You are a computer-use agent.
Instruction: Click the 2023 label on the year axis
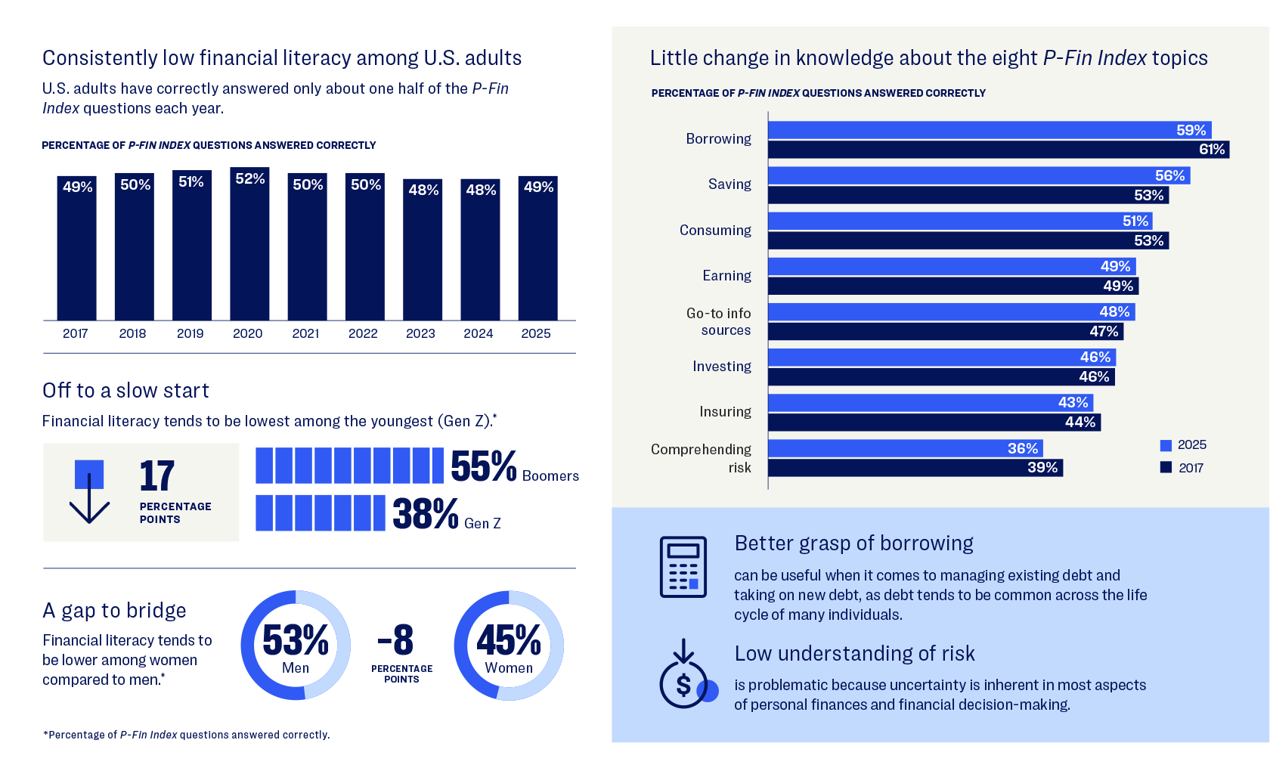point(420,333)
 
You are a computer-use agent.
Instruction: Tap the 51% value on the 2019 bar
point(191,181)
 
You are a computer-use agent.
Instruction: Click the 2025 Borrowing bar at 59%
point(983,130)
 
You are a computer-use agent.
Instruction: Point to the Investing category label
point(721,367)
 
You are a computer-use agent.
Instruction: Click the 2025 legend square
point(1166,445)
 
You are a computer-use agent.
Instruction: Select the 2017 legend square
point(1166,468)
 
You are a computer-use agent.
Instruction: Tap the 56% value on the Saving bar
point(1169,175)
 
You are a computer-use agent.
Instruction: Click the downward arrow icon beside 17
point(89,491)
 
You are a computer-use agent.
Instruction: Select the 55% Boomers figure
point(484,466)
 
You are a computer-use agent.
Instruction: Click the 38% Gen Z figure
point(426,514)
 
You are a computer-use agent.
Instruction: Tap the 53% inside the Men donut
point(296,640)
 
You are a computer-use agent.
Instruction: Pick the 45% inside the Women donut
point(509,640)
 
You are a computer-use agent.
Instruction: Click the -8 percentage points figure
point(396,640)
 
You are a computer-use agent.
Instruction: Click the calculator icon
point(683,567)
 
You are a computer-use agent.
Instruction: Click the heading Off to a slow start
point(125,391)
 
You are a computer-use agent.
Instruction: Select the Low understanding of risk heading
point(854,653)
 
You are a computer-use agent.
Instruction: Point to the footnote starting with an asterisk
point(186,735)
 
